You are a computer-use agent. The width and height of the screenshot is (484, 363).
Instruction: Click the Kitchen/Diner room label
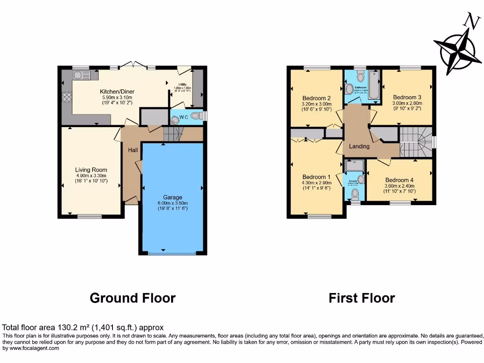pos(117,92)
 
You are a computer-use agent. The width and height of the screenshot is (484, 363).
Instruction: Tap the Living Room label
pos(91,170)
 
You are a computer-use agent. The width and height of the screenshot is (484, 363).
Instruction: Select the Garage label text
pos(173,198)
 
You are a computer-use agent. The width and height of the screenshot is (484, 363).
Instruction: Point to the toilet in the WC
pos(176,120)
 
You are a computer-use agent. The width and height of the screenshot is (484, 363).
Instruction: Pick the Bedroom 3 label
pos(406,97)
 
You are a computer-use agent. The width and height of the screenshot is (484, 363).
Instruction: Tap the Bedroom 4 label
pos(399,180)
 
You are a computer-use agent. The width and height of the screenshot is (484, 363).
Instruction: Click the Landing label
pos(359,147)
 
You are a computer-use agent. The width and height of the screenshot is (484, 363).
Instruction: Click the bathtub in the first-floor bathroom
pos(374,85)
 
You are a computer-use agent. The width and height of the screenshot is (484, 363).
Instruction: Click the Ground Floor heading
pos(132,298)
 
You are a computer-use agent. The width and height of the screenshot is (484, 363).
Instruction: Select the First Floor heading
pos(362,298)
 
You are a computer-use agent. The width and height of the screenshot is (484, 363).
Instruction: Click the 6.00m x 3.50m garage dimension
pos(173,203)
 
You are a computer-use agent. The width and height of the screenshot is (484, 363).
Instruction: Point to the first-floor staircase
pos(416,142)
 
